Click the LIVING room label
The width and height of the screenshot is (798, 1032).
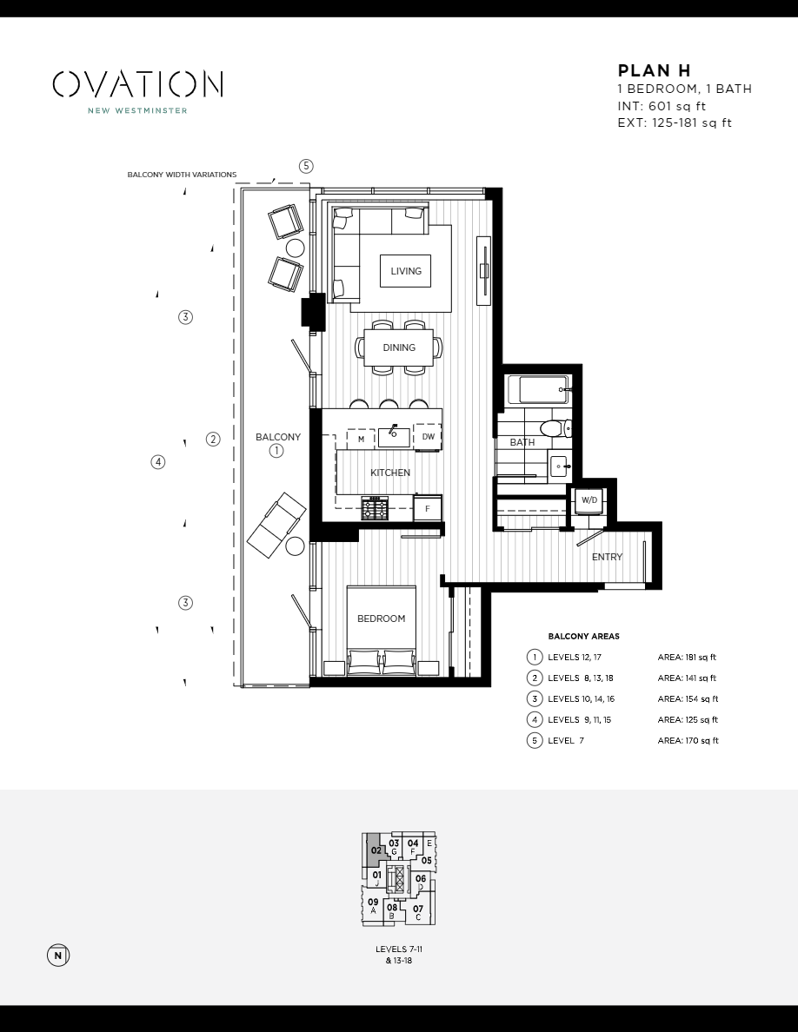(x=405, y=271)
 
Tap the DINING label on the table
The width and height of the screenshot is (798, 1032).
(x=399, y=347)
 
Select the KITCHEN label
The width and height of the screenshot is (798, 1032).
(x=390, y=473)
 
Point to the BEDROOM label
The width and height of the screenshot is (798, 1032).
(x=381, y=619)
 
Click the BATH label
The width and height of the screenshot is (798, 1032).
(x=522, y=442)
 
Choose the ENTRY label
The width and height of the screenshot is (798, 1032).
(x=607, y=557)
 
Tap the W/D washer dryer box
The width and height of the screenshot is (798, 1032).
(x=589, y=500)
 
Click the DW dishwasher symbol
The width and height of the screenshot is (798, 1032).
(x=428, y=437)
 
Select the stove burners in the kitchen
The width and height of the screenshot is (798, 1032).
(x=375, y=508)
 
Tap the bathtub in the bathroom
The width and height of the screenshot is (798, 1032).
(x=539, y=389)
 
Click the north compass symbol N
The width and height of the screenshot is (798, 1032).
(x=57, y=956)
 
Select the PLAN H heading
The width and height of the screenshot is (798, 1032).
(x=654, y=71)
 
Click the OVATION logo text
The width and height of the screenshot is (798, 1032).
(x=137, y=84)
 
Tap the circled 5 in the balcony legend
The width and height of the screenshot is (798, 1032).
(x=534, y=741)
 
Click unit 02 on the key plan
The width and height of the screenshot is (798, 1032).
(x=376, y=850)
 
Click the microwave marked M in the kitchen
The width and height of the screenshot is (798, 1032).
(x=361, y=440)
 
